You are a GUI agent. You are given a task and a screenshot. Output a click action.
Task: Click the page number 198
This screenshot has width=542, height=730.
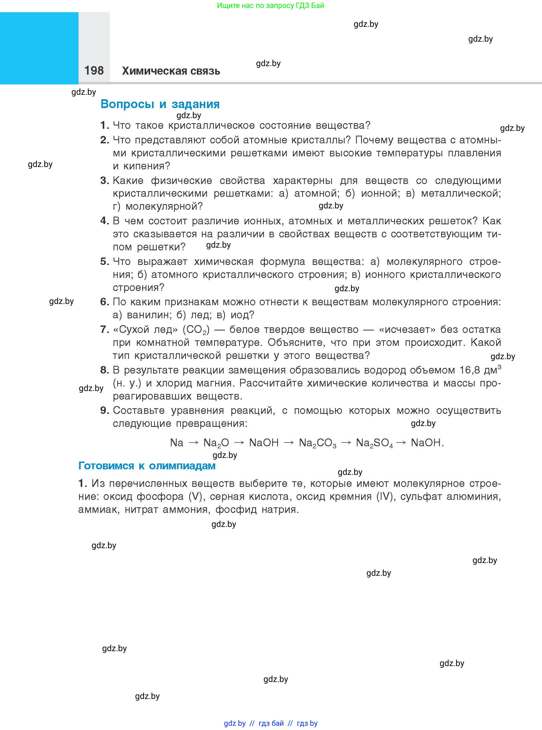coord(94,71)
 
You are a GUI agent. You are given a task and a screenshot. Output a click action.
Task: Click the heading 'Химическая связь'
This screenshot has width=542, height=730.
coord(171,71)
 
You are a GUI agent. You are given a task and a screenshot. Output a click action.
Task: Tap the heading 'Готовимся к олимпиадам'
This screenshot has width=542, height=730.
coord(147,466)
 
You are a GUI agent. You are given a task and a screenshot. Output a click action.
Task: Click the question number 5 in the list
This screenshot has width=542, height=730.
coord(104,261)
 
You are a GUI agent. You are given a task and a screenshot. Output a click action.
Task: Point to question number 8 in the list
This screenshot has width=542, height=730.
coord(104,370)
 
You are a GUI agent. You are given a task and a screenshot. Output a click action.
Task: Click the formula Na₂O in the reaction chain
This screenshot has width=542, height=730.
coord(216,443)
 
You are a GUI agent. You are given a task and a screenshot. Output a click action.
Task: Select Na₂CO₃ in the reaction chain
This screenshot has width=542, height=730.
coord(317,443)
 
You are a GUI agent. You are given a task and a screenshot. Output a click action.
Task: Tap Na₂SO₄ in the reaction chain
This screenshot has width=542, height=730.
coord(374,443)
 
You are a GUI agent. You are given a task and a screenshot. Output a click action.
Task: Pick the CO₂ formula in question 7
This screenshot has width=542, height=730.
coord(196,329)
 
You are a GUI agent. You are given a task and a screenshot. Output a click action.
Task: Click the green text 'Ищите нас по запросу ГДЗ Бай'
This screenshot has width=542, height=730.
coord(270,6)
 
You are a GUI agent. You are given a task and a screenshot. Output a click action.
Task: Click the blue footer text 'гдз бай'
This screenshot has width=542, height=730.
coord(271,723)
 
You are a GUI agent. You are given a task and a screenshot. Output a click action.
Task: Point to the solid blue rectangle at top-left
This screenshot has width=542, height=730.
coord(39,48)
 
